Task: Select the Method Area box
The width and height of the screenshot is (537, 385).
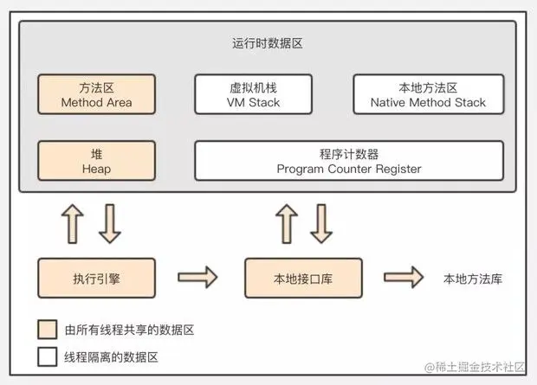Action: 96,95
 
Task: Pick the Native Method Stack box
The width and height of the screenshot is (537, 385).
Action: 428,95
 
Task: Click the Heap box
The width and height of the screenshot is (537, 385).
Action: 96,161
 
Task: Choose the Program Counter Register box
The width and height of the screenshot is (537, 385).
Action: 349,161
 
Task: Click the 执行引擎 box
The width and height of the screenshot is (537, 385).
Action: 96,279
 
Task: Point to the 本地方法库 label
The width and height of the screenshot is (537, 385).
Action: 473,279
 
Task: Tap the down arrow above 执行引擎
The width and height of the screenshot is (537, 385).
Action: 110,223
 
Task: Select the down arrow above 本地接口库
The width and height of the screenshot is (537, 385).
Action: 321,223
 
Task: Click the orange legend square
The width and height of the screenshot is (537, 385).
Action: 46,330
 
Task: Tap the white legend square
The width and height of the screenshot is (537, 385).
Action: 46,356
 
